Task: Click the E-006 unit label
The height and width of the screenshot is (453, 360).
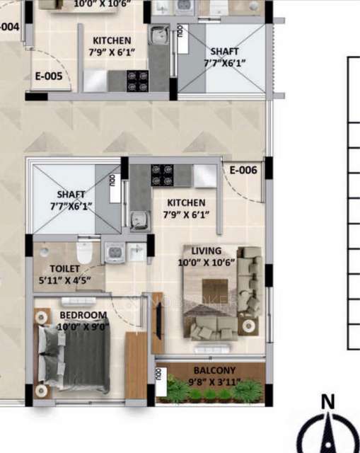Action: coord(243,170)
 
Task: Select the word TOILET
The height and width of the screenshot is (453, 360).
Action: coord(65,268)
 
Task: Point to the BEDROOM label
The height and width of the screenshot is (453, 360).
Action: coord(83,315)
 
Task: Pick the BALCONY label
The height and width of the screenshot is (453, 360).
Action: coord(215,370)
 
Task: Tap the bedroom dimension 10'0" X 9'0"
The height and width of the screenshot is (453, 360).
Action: coord(83,326)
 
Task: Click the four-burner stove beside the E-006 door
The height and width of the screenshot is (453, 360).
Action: coord(162,172)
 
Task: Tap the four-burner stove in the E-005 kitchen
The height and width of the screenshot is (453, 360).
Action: coord(137,81)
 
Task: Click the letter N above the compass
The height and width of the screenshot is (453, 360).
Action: coord(327,402)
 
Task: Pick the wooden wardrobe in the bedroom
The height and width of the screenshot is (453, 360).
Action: coord(137,365)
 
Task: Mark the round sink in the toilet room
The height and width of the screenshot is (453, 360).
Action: coord(45,251)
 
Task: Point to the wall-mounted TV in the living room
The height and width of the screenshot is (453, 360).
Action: coord(157,322)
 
